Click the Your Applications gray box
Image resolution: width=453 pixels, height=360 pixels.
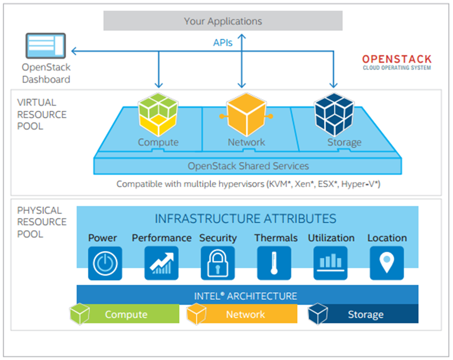pyautogui.click(x=223, y=21)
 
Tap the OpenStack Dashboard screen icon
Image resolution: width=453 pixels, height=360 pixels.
pyautogui.click(x=46, y=46)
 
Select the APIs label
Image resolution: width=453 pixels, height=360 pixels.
pyautogui.click(x=223, y=43)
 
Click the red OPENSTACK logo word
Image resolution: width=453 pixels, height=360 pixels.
pyautogui.click(x=397, y=59)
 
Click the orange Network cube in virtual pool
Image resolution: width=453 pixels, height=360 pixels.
pyautogui.click(x=246, y=115)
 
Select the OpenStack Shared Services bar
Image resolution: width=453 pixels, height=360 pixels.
pyautogui.click(x=248, y=166)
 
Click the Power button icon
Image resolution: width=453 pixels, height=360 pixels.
pyautogui.click(x=105, y=263)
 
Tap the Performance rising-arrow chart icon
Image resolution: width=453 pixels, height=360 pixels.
pyautogui.click(x=161, y=263)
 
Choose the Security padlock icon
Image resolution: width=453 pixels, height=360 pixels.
pyautogui.click(x=217, y=263)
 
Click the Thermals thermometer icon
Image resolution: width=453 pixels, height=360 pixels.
pyautogui.click(x=274, y=263)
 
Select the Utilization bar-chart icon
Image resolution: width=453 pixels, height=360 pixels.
pyautogui.click(x=330, y=263)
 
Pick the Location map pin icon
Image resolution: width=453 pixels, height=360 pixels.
pyautogui.click(x=386, y=263)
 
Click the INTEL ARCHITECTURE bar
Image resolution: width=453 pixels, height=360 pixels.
pyautogui.click(x=246, y=296)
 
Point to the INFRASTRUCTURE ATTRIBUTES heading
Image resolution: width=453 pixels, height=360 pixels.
pyautogui.click(x=245, y=219)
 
